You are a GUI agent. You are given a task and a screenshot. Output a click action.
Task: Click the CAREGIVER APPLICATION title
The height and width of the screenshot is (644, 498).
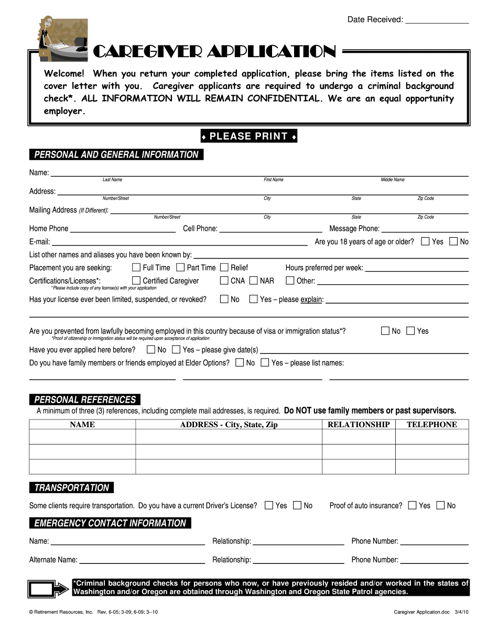(x=214, y=52)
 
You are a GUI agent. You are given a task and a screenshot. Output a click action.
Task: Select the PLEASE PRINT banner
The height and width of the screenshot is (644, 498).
(x=249, y=137)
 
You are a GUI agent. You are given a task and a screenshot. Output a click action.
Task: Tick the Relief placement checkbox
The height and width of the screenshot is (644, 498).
(x=224, y=268)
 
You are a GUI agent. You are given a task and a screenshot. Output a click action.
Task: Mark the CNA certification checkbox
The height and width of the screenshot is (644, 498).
(x=224, y=281)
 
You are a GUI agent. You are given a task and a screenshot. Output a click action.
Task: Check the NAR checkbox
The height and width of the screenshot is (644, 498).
(x=254, y=281)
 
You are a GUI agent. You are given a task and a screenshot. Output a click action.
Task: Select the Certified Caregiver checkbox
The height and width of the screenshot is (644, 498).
(x=136, y=281)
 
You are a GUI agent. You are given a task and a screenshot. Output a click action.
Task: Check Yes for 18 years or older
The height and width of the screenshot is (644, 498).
(x=426, y=241)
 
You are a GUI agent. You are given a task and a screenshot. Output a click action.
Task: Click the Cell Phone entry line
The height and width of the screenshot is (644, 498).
(x=270, y=229)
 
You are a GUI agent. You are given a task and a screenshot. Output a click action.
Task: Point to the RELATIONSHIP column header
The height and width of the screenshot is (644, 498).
(x=359, y=425)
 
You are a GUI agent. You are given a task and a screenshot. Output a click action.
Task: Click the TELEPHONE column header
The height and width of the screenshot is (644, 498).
(x=432, y=425)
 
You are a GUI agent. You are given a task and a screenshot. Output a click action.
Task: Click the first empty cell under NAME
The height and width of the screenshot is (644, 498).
(x=82, y=437)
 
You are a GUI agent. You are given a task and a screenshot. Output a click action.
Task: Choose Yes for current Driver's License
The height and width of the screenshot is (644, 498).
(x=269, y=505)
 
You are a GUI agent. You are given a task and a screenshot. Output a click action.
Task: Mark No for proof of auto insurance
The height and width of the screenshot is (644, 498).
(x=440, y=505)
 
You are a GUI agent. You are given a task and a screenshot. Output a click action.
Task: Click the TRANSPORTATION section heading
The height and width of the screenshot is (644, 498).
(x=71, y=488)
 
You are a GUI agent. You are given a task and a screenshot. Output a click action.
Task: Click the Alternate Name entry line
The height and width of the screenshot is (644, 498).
(x=142, y=561)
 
